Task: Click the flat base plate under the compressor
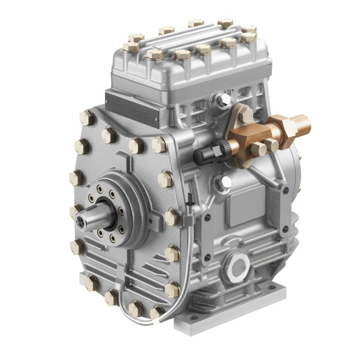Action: point(228,312)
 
